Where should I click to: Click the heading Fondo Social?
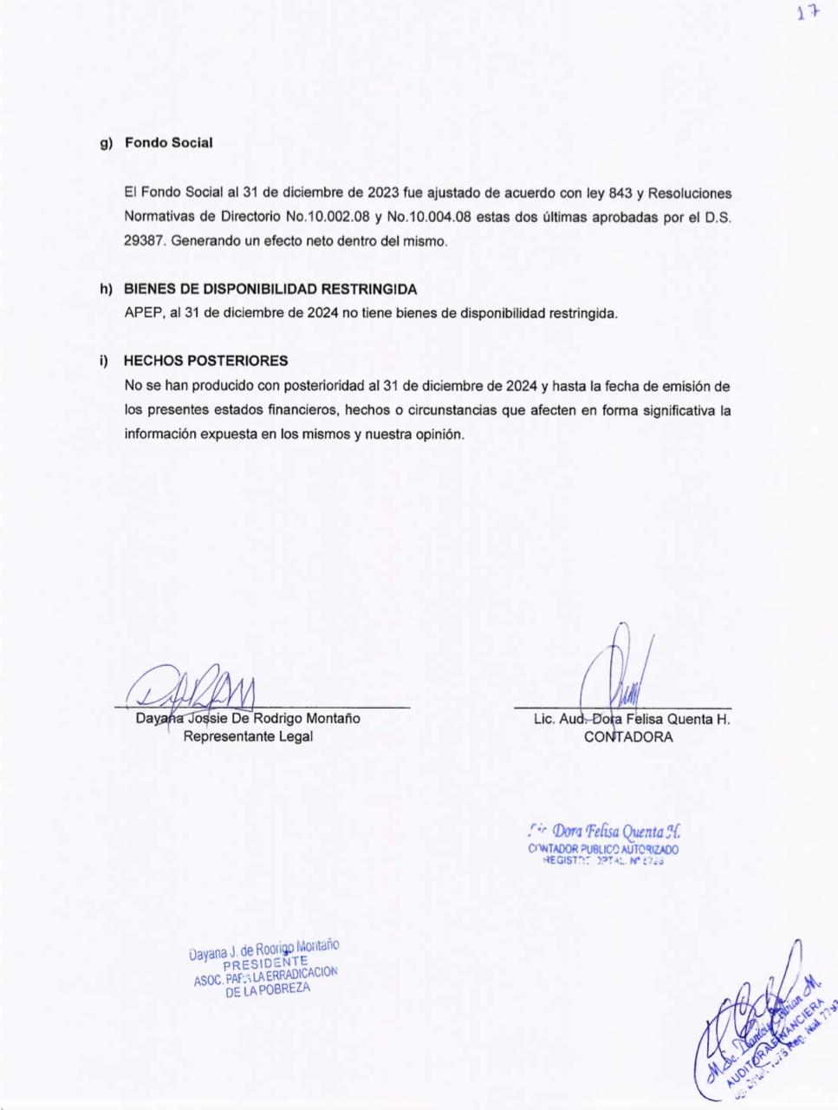(x=168, y=142)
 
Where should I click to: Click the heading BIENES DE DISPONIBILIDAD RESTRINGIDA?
(x=270, y=289)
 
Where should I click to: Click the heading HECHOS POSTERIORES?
(x=205, y=360)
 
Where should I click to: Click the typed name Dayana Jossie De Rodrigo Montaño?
(x=248, y=718)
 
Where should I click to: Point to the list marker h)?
(x=106, y=289)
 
